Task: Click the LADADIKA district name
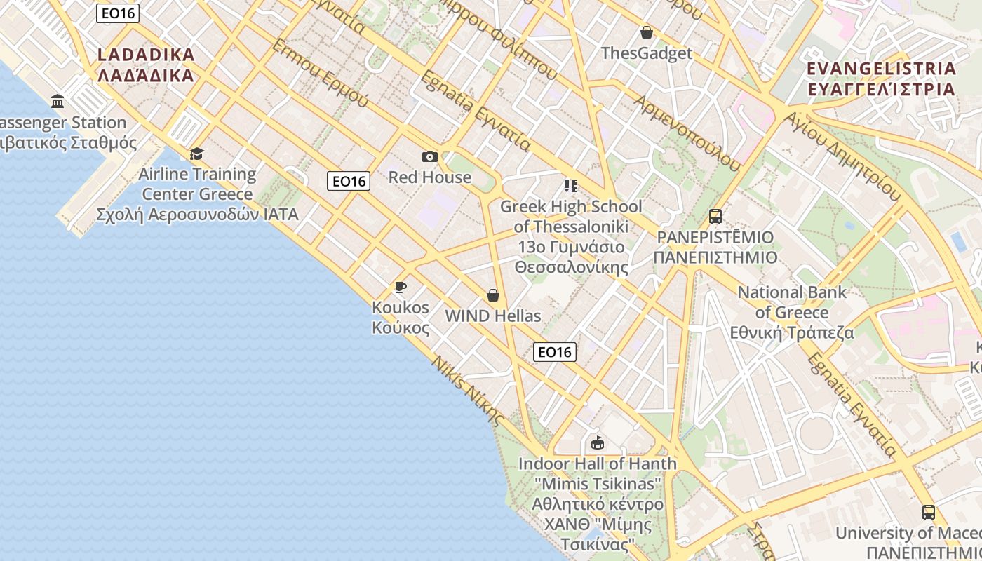coord(146,65)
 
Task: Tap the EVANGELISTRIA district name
coord(882,79)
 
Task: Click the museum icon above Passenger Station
coord(58,102)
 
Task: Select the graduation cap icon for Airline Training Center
coord(197,154)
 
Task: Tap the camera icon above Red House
coord(430,156)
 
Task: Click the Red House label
coord(430,177)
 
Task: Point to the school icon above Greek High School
coord(571,186)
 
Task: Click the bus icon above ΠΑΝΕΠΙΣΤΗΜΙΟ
coord(715,217)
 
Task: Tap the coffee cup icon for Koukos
coord(401,287)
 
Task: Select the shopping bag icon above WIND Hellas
coord(493,295)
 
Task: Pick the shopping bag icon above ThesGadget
coord(647,32)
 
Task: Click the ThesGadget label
coord(647,53)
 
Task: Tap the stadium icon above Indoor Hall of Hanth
coord(598,442)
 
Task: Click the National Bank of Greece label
coord(793,312)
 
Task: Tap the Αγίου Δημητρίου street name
coord(842,155)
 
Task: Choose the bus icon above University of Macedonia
coord(929,513)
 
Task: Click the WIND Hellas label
coord(493,316)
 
